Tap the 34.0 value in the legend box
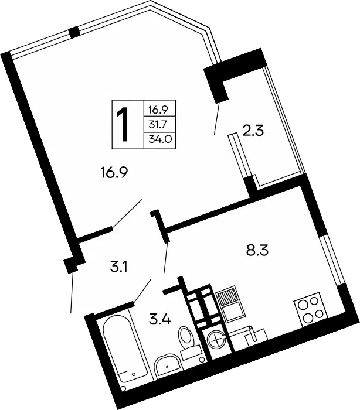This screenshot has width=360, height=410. pyautogui.click(x=160, y=139)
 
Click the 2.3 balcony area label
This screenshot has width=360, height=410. pyautogui.click(x=253, y=131)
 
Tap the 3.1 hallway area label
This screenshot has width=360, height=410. pyautogui.click(x=118, y=268)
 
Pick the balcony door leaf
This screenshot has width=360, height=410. pyautogui.click(x=217, y=119)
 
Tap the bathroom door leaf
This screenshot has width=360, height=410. pyautogui.click(x=142, y=291)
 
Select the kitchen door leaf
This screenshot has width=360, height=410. pyautogui.click(x=166, y=258)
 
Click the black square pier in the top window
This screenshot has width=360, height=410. pyautogui.click(x=74, y=32)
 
